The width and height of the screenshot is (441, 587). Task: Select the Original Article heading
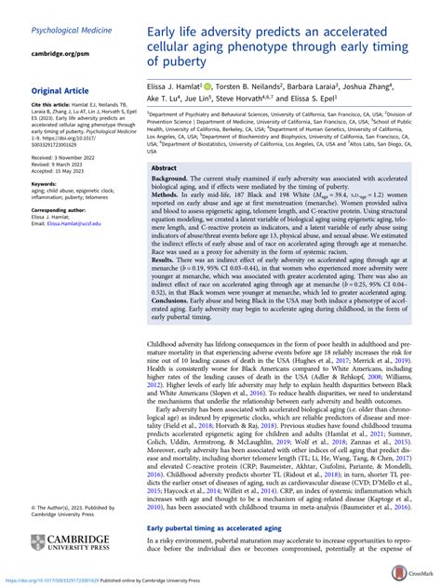pos(62,90)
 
